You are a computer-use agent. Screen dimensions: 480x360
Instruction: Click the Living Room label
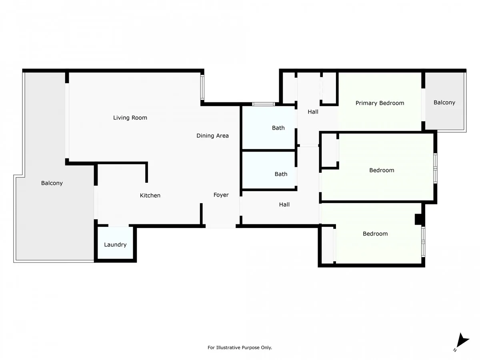pyautogui.click(x=130, y=118)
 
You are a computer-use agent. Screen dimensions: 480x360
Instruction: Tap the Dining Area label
pyautogui.click(x=212, y=136)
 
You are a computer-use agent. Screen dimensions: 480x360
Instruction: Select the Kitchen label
pyautogui.click(x=150, y=196)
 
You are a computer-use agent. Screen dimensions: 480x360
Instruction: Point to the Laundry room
pyautogui.click(x=115, y=243)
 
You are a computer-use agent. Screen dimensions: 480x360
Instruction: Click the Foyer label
pyautogui.click(x=221, y=195)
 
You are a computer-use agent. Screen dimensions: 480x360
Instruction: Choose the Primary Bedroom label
pyautogui.click(x=380, y=103)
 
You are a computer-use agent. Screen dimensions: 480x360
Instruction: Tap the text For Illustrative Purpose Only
pyautogui.click(x=240, y=348)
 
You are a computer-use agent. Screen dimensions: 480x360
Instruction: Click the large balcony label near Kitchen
pyautogui.click(x=52, y=183)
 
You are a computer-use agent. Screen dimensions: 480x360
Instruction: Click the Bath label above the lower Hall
pyautogui.click(x=281, y=174)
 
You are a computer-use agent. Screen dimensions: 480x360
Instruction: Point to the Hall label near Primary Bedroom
pyautogui.click(x=313, y=112)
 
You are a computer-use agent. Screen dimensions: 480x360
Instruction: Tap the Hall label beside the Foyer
pyautogui.click(x=284, y=204)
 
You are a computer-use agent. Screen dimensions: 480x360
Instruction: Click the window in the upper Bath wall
pyautogui.click(x=263, y=104)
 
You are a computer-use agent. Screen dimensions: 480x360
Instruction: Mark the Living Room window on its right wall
pyautogui.click(x=202, y=88)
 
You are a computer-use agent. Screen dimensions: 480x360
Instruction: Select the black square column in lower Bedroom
pyautogui.click(x=418, y=219)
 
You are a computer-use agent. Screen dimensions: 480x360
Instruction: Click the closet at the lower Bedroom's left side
pyautogui.click(x=328, y=245)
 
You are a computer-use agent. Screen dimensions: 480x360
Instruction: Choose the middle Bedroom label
pyautogui.click(x=382, y=170)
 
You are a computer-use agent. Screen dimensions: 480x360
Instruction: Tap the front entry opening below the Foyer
pyautogui.click(x=221, y=226)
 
